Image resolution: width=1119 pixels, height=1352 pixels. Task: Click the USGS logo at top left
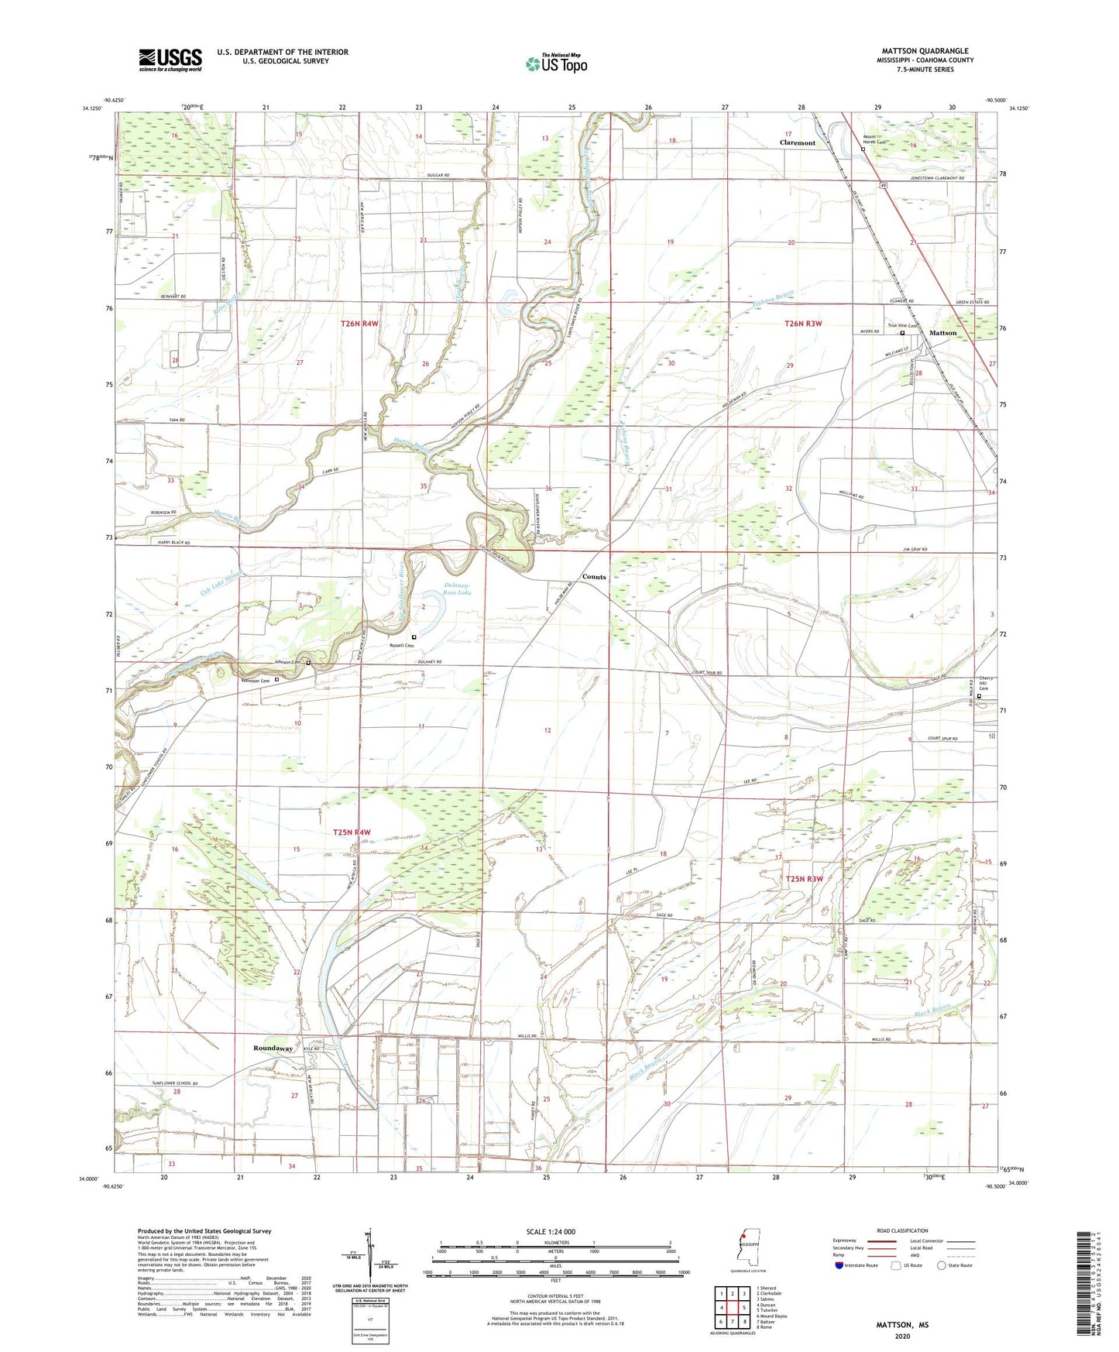170,60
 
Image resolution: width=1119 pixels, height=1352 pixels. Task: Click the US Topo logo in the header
555,63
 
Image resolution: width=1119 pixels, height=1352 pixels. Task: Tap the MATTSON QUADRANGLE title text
925,51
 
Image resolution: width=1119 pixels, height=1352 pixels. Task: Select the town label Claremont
797,143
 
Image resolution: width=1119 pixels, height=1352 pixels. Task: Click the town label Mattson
942,333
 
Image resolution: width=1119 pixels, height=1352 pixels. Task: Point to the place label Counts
594,577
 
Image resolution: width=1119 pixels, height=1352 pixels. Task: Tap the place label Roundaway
273,1048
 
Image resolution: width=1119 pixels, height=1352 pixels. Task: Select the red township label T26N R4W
359,324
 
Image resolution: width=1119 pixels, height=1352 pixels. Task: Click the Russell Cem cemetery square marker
414,637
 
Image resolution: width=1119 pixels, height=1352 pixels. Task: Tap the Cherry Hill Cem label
985,684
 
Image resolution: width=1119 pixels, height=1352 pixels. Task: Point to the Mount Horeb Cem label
874,140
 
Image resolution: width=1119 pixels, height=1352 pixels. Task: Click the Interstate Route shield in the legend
840,1265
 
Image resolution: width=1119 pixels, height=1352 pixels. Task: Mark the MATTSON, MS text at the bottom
902,1325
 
